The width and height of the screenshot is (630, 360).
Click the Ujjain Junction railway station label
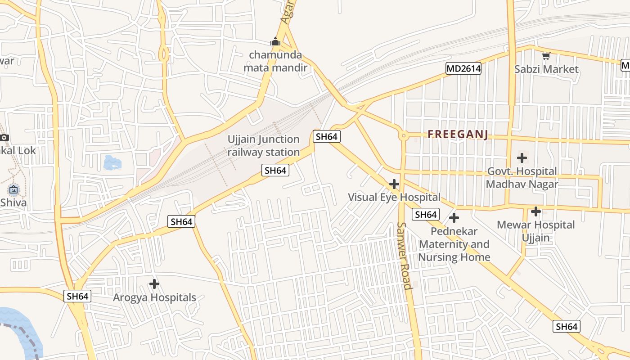pyautogui.click(x=263, y=145)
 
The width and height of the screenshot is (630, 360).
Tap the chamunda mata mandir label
pyautogui.click(x=275, y=61)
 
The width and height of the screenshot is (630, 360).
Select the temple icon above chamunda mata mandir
pyautogui.click(x=275, y=42)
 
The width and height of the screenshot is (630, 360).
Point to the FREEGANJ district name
pyautogui.click(x=458, y=134)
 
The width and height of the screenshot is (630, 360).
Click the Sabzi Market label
pyautogui.click(x=546, y=69)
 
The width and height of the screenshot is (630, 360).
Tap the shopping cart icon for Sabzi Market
pyautogui.click(x=546, y=56)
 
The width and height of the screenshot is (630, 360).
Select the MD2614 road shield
pyautogui.click(x=463, y=68)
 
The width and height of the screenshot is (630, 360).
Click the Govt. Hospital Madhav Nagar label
pyautogui.click(x=522, y=178)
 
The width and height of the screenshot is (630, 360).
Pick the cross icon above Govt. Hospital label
pyautogui.click(x=522, y=158)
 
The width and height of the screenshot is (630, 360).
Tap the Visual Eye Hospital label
pyautogui.click(x=394, y=197)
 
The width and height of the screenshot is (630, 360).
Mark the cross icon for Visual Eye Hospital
pyautogui.click(x=394, y=184)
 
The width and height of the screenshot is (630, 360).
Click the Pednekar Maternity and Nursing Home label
pyautogui.click(x=454, y=244)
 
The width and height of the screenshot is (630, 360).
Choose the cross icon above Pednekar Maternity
pyautogui.click(x=454, y=218)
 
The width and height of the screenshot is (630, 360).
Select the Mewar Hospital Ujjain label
pyautogui.click(x=535, y=231)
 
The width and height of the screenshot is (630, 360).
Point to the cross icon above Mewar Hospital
pyautogui.click(x=535, y=211)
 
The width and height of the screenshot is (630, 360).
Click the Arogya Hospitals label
pyautogui.click(x=154, y=297)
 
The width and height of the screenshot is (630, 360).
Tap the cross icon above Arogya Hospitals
pyautogui.click(x=154, y=284)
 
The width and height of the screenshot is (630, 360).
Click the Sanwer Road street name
pyautogui.click(x=404, y=256)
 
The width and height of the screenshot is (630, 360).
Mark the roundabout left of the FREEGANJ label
pyautogui.click(x=404, y=135)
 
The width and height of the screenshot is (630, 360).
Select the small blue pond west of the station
pyautogui.click(x=112, y=162)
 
